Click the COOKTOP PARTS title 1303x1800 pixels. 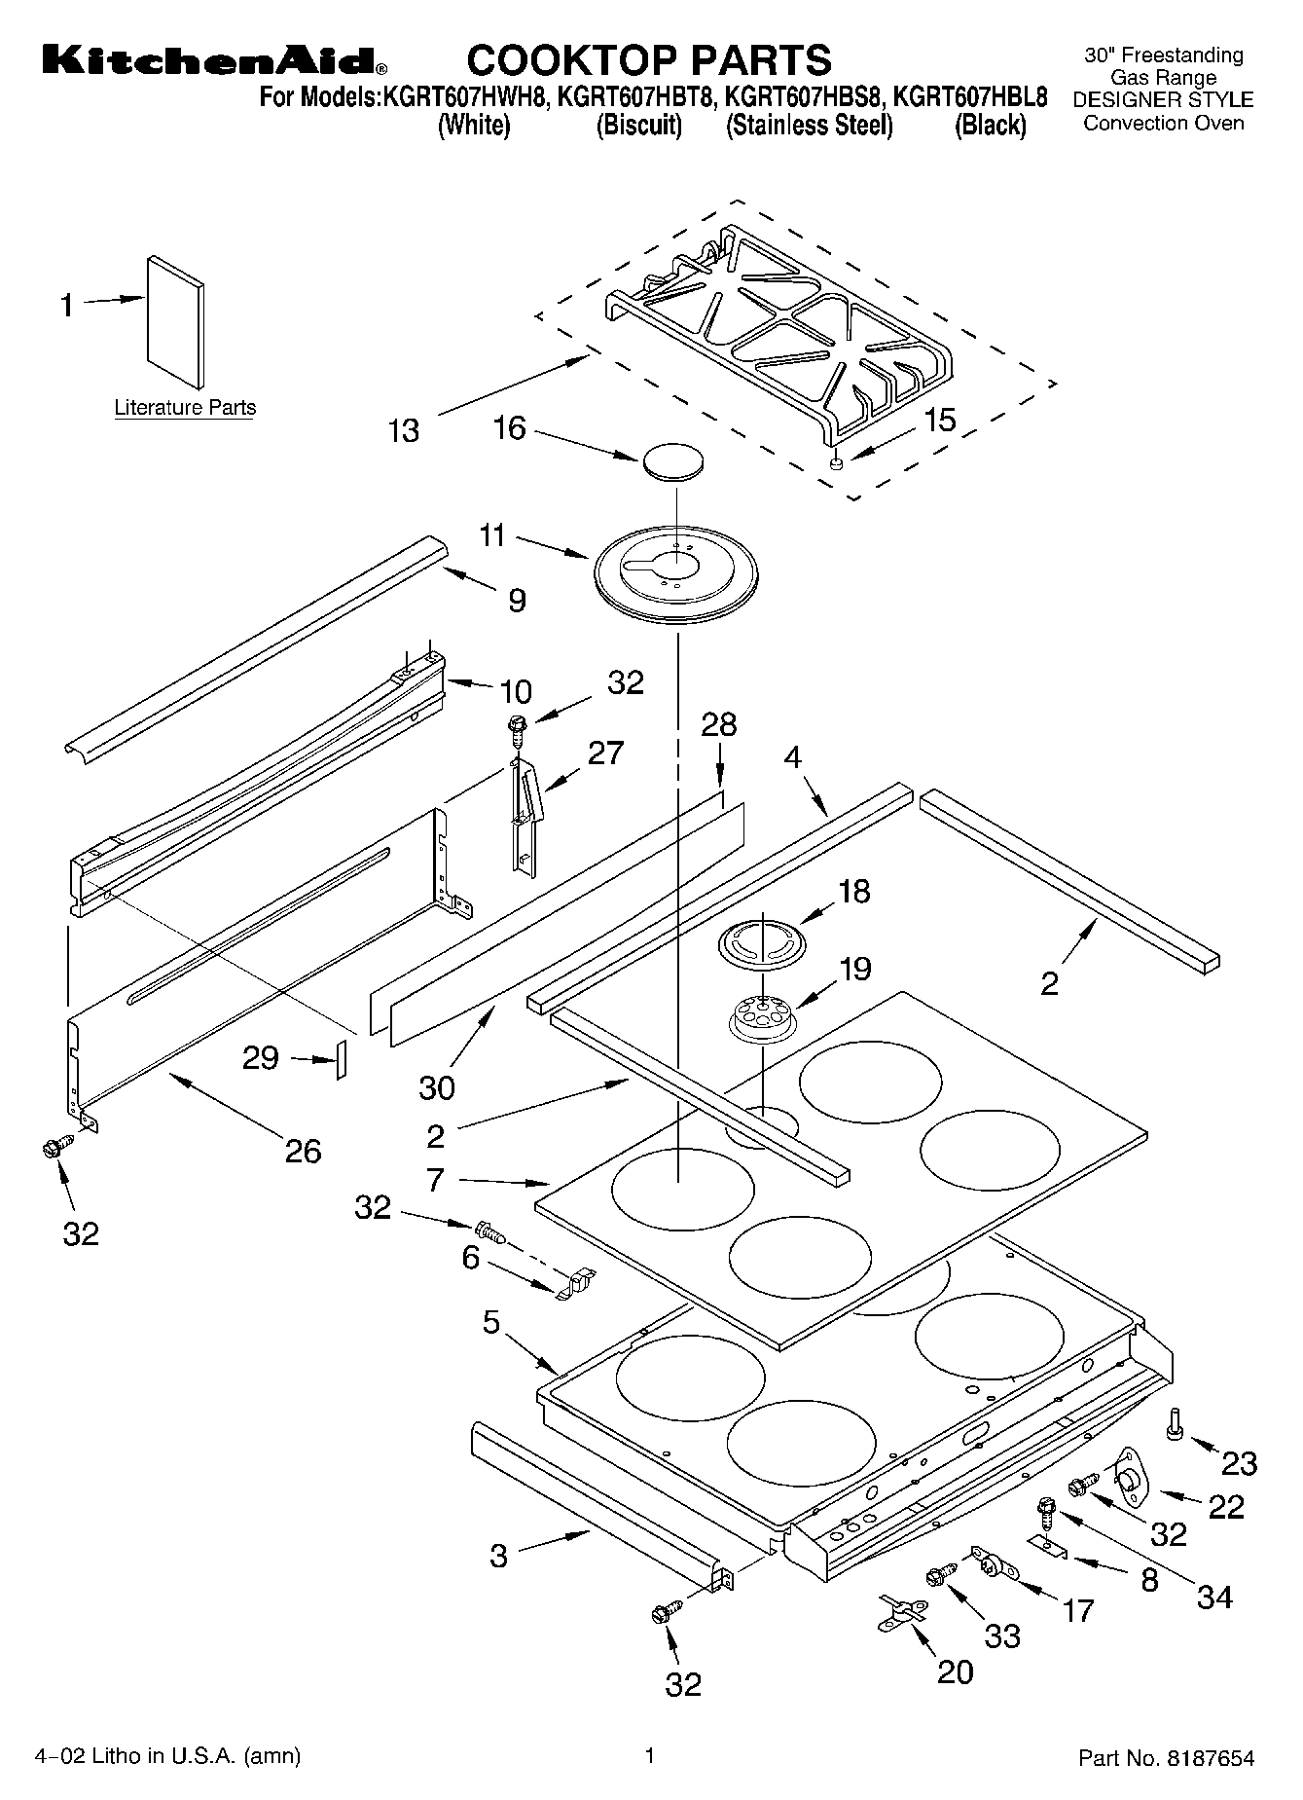tap(649, 59)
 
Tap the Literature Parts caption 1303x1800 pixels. tap(185, 408)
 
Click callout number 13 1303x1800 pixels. tap(403, 430)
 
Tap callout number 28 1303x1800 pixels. tap(719, 725)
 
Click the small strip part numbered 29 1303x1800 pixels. tap(341, 1059)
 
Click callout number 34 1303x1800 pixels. tap(1214, 1597)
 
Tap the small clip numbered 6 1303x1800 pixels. tap(575, 1284)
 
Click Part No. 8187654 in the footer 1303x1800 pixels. tap(1166, 1758)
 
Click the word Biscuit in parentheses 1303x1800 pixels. tap(638, 126)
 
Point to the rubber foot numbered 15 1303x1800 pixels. tap(835, 465)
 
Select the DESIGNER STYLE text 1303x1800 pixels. tap(1163, 100)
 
